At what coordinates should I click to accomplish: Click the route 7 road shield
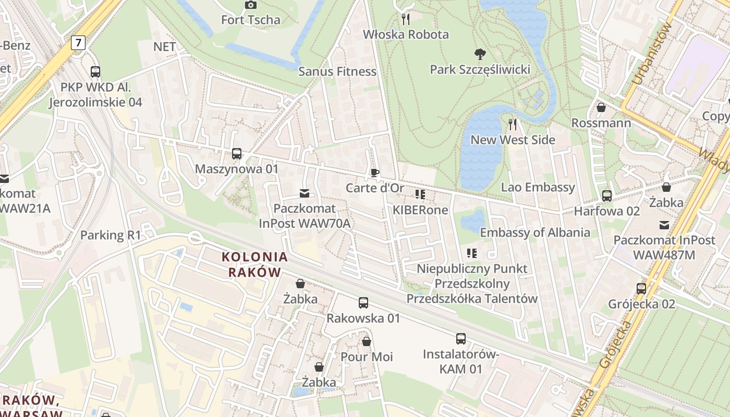pos(78,43)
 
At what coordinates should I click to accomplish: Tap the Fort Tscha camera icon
pos(251,5)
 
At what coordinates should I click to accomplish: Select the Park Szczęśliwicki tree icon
pos(480,54)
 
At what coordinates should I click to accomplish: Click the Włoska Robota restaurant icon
pos(406,19)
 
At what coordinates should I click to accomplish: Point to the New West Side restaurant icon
pos(513,124)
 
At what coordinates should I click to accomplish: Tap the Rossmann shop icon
pos(601,107)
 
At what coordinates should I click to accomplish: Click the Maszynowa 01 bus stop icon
pos(237,154)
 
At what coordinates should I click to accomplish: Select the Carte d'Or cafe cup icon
pos(374,173)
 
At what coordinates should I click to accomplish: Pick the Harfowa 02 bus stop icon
pos(606,196)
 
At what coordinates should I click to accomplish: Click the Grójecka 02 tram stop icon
pos(641,288)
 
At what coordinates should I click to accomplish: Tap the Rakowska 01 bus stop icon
pos(363,302)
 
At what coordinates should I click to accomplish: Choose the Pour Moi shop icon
pos(367,341)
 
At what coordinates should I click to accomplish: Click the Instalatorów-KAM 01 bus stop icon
pos(460,339)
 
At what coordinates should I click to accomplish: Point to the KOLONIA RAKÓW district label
pos(254,264)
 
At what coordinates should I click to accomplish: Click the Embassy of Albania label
pos(535,232)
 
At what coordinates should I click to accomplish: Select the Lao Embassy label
pos(538,187)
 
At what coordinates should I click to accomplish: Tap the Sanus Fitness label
pos(337,71)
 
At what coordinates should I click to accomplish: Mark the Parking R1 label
pos(111,235)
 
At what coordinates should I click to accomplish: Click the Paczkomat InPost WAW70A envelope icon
pos(305,194)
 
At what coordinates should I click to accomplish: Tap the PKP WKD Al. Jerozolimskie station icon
pos(95,72)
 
